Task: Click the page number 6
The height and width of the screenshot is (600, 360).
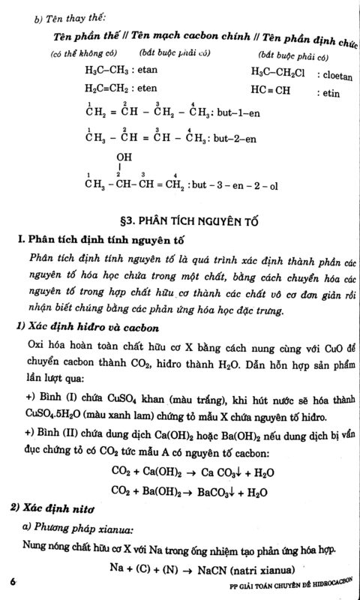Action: click(x=13, y=581)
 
